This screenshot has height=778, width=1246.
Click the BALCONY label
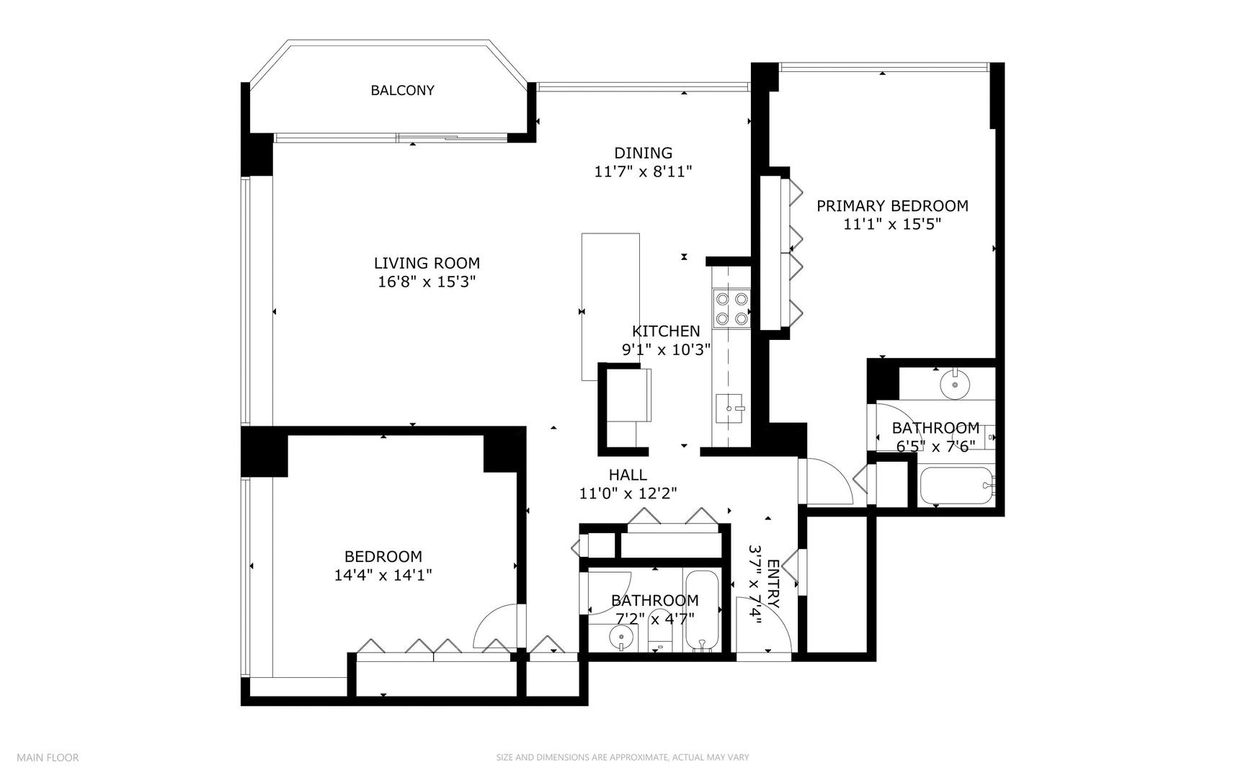tap(402, 90)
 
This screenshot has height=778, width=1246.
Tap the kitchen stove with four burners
tap(731, 308)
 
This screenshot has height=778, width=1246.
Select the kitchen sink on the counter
tap(729, 409)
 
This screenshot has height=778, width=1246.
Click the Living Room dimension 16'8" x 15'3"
tap(427, 282)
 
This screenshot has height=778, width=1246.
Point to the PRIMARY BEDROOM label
tap(892, 206)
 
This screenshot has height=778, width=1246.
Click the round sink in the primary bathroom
tap(955, 384)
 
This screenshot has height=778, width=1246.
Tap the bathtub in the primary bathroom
tap(956, 486)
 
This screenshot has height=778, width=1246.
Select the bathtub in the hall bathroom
tap(701, 611)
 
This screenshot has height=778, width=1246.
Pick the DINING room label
tap(643, 153)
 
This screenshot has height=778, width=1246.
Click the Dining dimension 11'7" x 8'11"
tap(643, 171)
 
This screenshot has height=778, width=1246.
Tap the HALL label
tap(628, 475)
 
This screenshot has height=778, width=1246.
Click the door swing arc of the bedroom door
tap(492, 624)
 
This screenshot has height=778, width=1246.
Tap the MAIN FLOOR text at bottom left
tap(48, 757)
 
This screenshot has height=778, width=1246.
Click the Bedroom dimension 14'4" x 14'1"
tap(383, 575)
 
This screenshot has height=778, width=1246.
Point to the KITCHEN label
tap(666, 331)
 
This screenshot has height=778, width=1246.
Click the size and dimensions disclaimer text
tap(622, 757)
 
